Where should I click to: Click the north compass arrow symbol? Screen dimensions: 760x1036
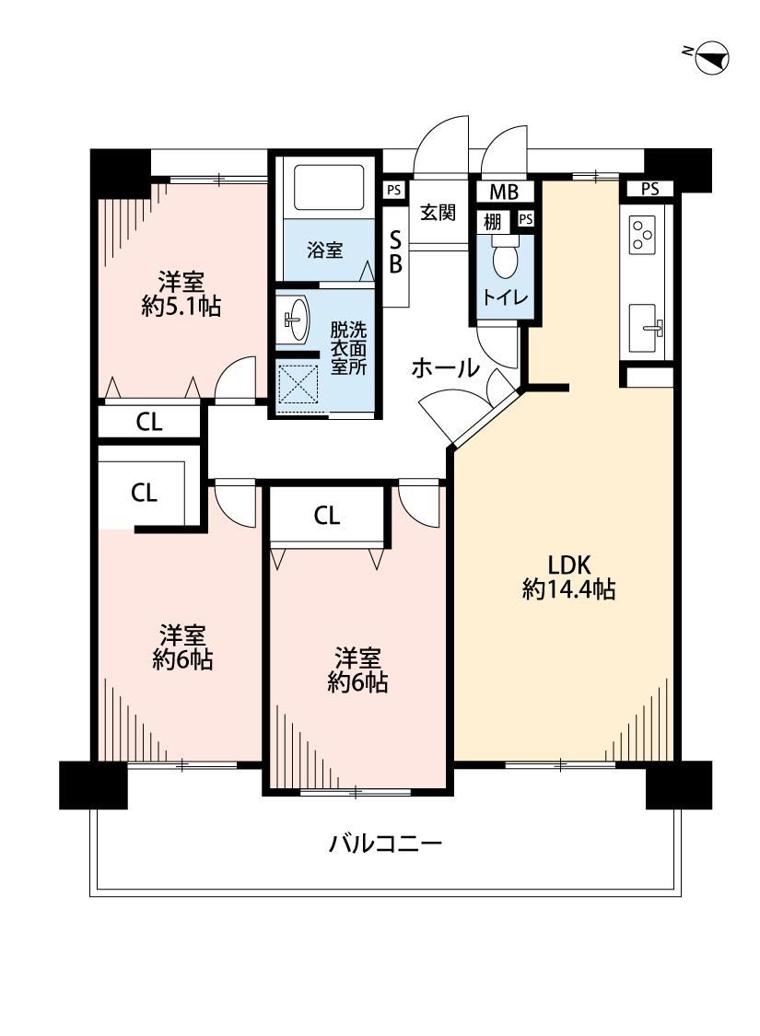click(x=712, y=58)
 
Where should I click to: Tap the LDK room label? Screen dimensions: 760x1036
click(x=568, y=565)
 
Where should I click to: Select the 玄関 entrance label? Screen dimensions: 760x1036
click(x=438, y=213)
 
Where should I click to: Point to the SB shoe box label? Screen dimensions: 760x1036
click(x=395, y=251)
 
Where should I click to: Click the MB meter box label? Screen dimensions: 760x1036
click(x=504, y=192)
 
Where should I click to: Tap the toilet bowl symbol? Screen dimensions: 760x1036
click(x=507, y=259)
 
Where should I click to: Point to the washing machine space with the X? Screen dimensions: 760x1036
click(x=298, y=385)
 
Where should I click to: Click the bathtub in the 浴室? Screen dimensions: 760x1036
click(x=329, y=187)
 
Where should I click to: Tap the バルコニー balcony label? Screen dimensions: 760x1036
click(x=385, y=844)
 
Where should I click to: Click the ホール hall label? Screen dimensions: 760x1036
click(x=446, y=368)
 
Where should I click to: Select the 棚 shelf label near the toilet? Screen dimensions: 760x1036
click(x=492, y=221)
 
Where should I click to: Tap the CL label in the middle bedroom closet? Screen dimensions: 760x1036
click(x=327, y=516)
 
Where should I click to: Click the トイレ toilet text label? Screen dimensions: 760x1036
click(x=506, y=297)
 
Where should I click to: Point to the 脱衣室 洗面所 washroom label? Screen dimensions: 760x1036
click(x=348, y=348)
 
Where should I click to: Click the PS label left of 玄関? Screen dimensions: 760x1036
click(x=394, y=191)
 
